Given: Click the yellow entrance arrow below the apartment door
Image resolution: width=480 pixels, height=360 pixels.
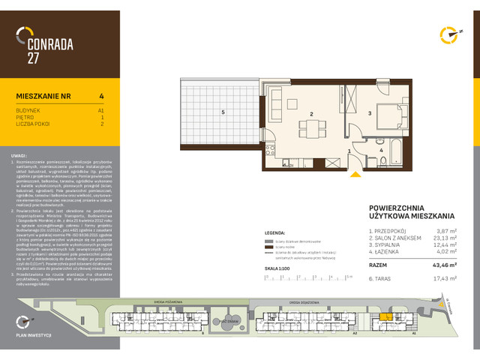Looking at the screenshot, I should [355, 175].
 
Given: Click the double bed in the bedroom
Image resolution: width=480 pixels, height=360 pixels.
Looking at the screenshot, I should [389, 115].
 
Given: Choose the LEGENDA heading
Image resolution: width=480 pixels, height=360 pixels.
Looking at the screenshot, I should [276, 233].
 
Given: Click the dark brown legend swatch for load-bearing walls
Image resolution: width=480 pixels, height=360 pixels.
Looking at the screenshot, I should [268, 246].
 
